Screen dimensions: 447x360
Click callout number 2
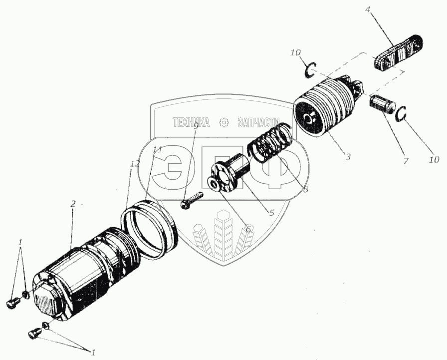click(x=73, y=204)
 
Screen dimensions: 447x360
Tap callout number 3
click(x=348, y=157)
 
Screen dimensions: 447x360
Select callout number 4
click(x=368, y=9)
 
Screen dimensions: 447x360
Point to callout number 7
click(x=406, y=161)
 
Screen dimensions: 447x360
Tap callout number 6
click(x=248, y=229)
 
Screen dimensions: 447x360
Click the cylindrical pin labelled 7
click(x=382, y=105)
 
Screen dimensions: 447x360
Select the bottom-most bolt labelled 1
click(x=33, y=334)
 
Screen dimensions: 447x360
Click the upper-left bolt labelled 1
click(x=13, y=303)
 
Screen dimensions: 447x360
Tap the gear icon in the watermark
click(x=224, y=123)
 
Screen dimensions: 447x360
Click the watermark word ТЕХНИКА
click(x=191, y=123)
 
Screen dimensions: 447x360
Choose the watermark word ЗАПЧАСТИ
click(x=259, y=123)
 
